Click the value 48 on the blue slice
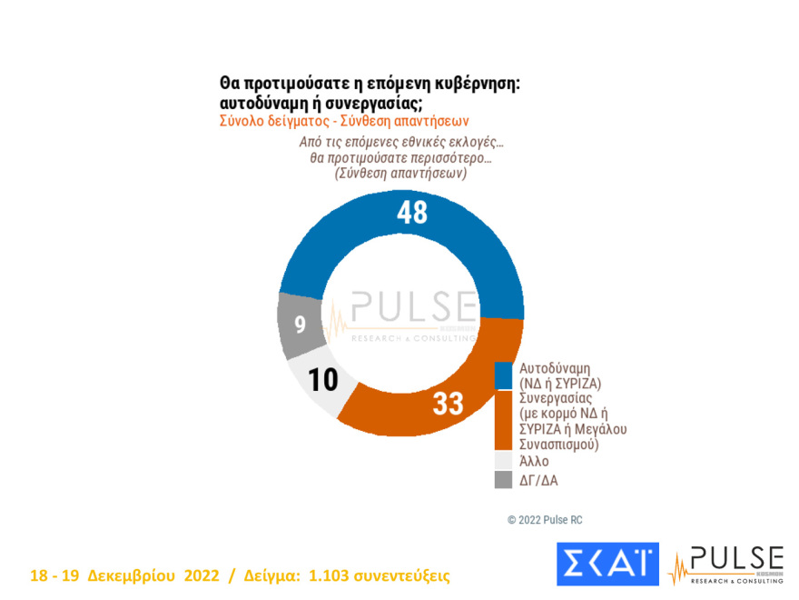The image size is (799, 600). (x=411, y=212)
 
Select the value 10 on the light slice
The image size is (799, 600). (x=322, y=379)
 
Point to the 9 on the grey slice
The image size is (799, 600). (x=300, y=324)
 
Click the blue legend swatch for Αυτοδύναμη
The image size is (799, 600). (x=502, y=375)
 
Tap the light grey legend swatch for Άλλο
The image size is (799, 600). (x=502, y=461)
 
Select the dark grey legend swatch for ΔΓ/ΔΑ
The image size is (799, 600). (x=502, y=479)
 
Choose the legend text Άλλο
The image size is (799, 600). (x=534, y=461)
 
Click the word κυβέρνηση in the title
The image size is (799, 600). (x=475, y=83)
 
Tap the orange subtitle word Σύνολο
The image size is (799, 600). (x=242, y=120)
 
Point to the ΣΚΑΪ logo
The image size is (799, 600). (x=606, y=564)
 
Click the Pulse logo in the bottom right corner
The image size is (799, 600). (x=725, y=564)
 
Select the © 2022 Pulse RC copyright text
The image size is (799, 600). (x=545, y=519)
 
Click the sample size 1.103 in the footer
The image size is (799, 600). (x=331, y=576)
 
